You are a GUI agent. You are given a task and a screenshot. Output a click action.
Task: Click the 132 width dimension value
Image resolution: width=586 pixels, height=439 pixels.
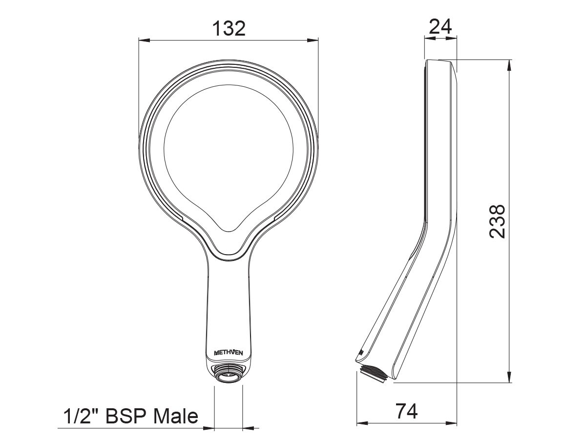click(x=229, y=29)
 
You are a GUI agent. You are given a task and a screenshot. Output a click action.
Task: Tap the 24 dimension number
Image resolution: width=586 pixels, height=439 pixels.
click(x=440, y=26)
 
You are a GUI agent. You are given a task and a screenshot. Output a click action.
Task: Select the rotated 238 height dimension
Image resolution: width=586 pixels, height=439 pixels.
click(x=497, y=221)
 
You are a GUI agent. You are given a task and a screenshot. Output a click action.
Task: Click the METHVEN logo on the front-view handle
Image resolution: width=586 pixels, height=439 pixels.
click(x=229, y=353)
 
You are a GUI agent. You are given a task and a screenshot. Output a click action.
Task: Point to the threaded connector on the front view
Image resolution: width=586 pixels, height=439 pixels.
click(x=229, y=375)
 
